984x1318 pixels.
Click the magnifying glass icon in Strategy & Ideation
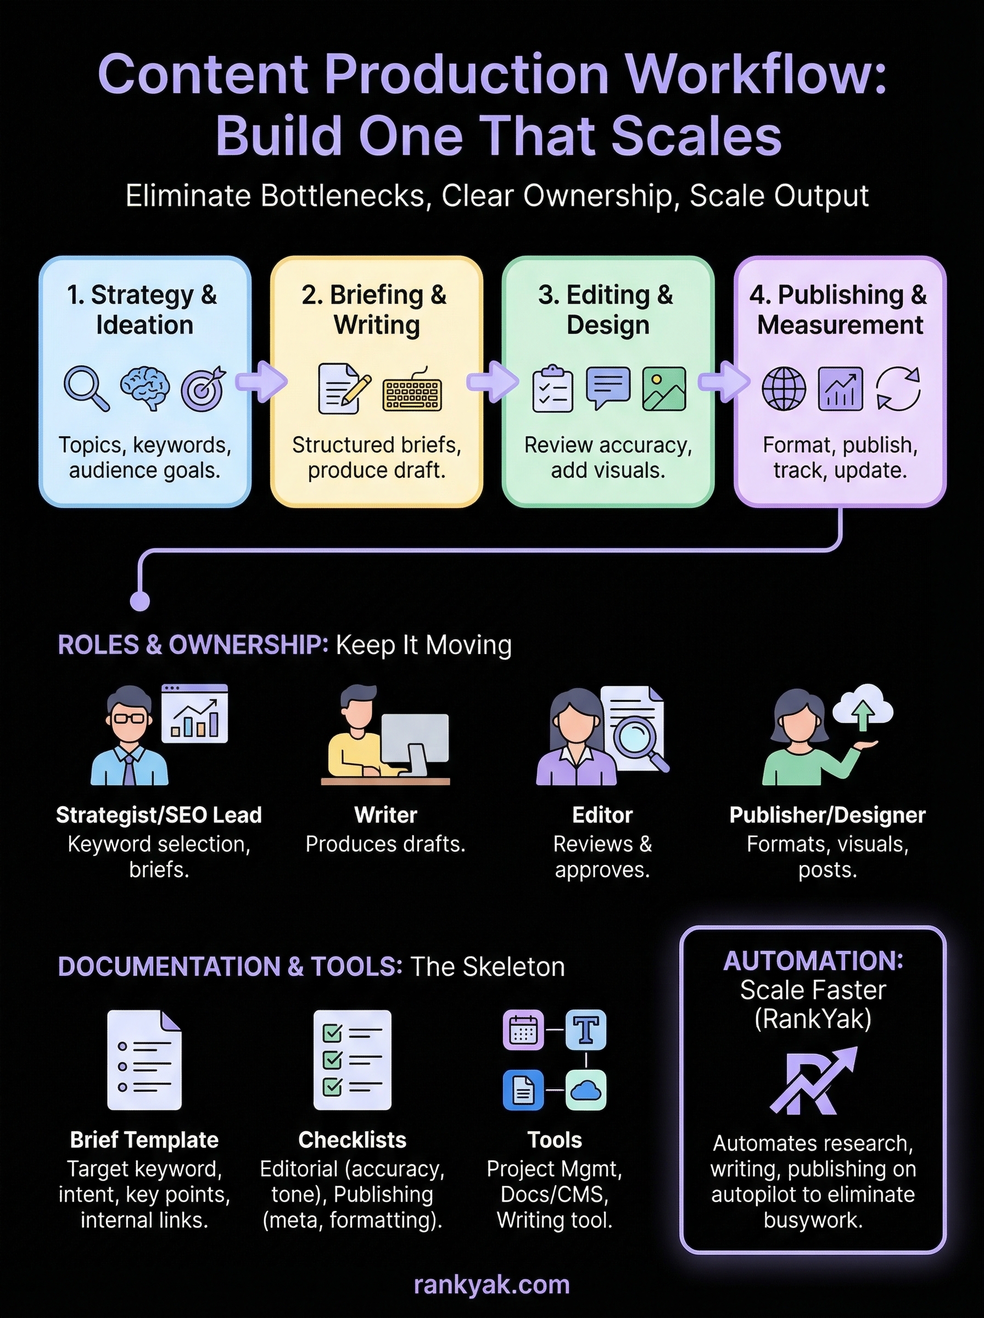[86, 388]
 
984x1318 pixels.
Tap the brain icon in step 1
[145, 388]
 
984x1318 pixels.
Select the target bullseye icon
[204, 388]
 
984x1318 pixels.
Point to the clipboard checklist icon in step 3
[552, 389]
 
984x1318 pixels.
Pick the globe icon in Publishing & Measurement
[784, 389]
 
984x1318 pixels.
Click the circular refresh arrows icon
[898, 389]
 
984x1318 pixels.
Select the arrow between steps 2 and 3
[492, 381]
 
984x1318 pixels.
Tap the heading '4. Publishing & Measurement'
[840, 310]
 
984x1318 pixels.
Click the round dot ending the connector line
[140, 601]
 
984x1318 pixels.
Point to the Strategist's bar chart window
[195, 713]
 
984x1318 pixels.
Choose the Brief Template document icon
[145, 1059]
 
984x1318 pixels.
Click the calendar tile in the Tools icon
[523, 1030]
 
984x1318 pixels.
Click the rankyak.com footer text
[491, 1285]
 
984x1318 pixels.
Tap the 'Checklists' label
[352, 1140]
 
